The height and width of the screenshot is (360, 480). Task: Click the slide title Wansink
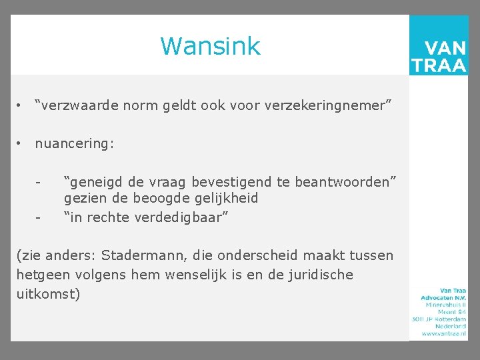pyautogui.click(x=210, y=47)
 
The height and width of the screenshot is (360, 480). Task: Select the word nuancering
pyautogui.click(x=74, y=143)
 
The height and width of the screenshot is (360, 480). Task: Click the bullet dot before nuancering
pyautogui.click(x=21, y=143)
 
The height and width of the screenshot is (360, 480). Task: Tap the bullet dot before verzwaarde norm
pyautogui.click(x=21, y=105)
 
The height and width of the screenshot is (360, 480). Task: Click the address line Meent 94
pyautogui.click(x=451, y=311)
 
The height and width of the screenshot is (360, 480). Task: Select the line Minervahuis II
pyautogui.click(x=445, y=304)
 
